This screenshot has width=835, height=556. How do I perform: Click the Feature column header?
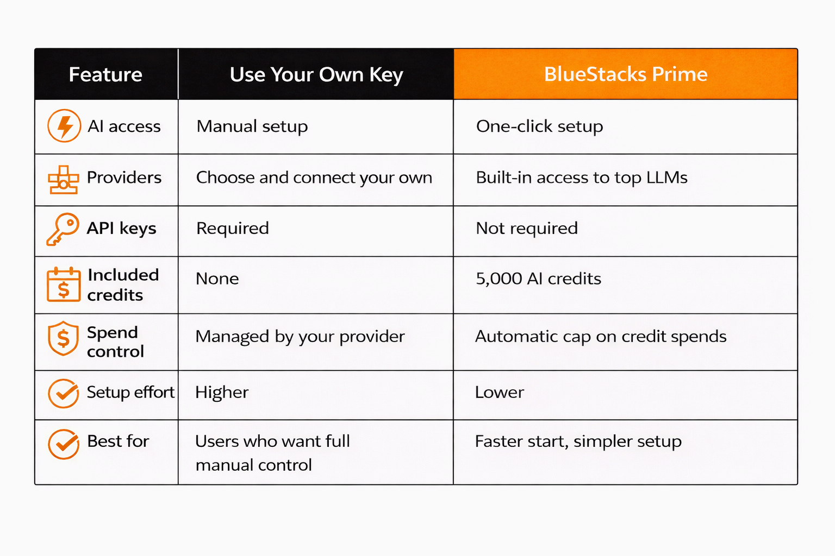coord(105,74)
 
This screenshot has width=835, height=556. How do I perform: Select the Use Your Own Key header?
coord(316,74)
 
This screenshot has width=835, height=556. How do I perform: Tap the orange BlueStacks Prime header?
coord(626,74)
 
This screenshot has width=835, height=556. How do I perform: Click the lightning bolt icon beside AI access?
coord(64,126)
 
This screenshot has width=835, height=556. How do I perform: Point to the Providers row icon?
coord(64,180)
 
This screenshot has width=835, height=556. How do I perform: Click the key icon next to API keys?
coord(63,229)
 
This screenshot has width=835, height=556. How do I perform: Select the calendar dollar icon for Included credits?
coord(64,285)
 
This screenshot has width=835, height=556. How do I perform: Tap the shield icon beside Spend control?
coord(64,338)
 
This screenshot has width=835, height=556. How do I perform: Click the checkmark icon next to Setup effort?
coord(64,393)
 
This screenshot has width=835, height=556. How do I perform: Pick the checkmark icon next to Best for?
coord(64,444)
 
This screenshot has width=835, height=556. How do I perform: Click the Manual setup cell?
coord(252,127)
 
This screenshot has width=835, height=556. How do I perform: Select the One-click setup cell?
coord(539,127)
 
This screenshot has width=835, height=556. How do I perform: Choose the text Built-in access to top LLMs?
coord(581,178)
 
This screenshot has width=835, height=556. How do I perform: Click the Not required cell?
coord(526,228)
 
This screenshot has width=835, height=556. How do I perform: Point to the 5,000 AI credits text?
coord(538,279)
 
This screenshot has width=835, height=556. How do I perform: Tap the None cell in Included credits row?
coord(217,279)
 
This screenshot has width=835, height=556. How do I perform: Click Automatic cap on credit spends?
coord(600,337)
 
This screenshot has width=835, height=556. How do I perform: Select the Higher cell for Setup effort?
coord(222,392)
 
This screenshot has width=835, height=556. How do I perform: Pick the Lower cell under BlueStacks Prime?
coord(499,392)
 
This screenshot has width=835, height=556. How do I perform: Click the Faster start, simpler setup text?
coord(578,441)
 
